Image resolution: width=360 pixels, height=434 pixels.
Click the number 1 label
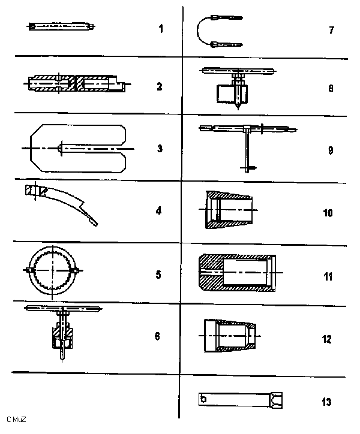tap(161, 29)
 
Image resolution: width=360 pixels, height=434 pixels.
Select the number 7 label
tap(331, 30)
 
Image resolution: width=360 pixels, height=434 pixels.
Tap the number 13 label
tap(326, 402)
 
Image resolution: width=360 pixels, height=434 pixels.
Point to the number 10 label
tap(328, 213)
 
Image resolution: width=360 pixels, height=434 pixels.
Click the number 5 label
tap(158, 275)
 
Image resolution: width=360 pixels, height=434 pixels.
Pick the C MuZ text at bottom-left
tap(16, 420)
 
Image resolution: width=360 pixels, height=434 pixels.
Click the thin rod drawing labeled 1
tap(61, 26)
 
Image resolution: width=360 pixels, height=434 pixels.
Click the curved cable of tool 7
tap(197, 31)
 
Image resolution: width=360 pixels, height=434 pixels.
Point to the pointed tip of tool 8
tap(238, 107)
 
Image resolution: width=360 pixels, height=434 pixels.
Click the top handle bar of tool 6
tap(63, 308)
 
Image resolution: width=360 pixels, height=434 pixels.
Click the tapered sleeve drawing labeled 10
tap(228, 210)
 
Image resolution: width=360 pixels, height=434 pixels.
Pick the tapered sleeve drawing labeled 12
tap(229, 336)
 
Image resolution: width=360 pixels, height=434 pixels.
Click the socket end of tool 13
tap(276, 400)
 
